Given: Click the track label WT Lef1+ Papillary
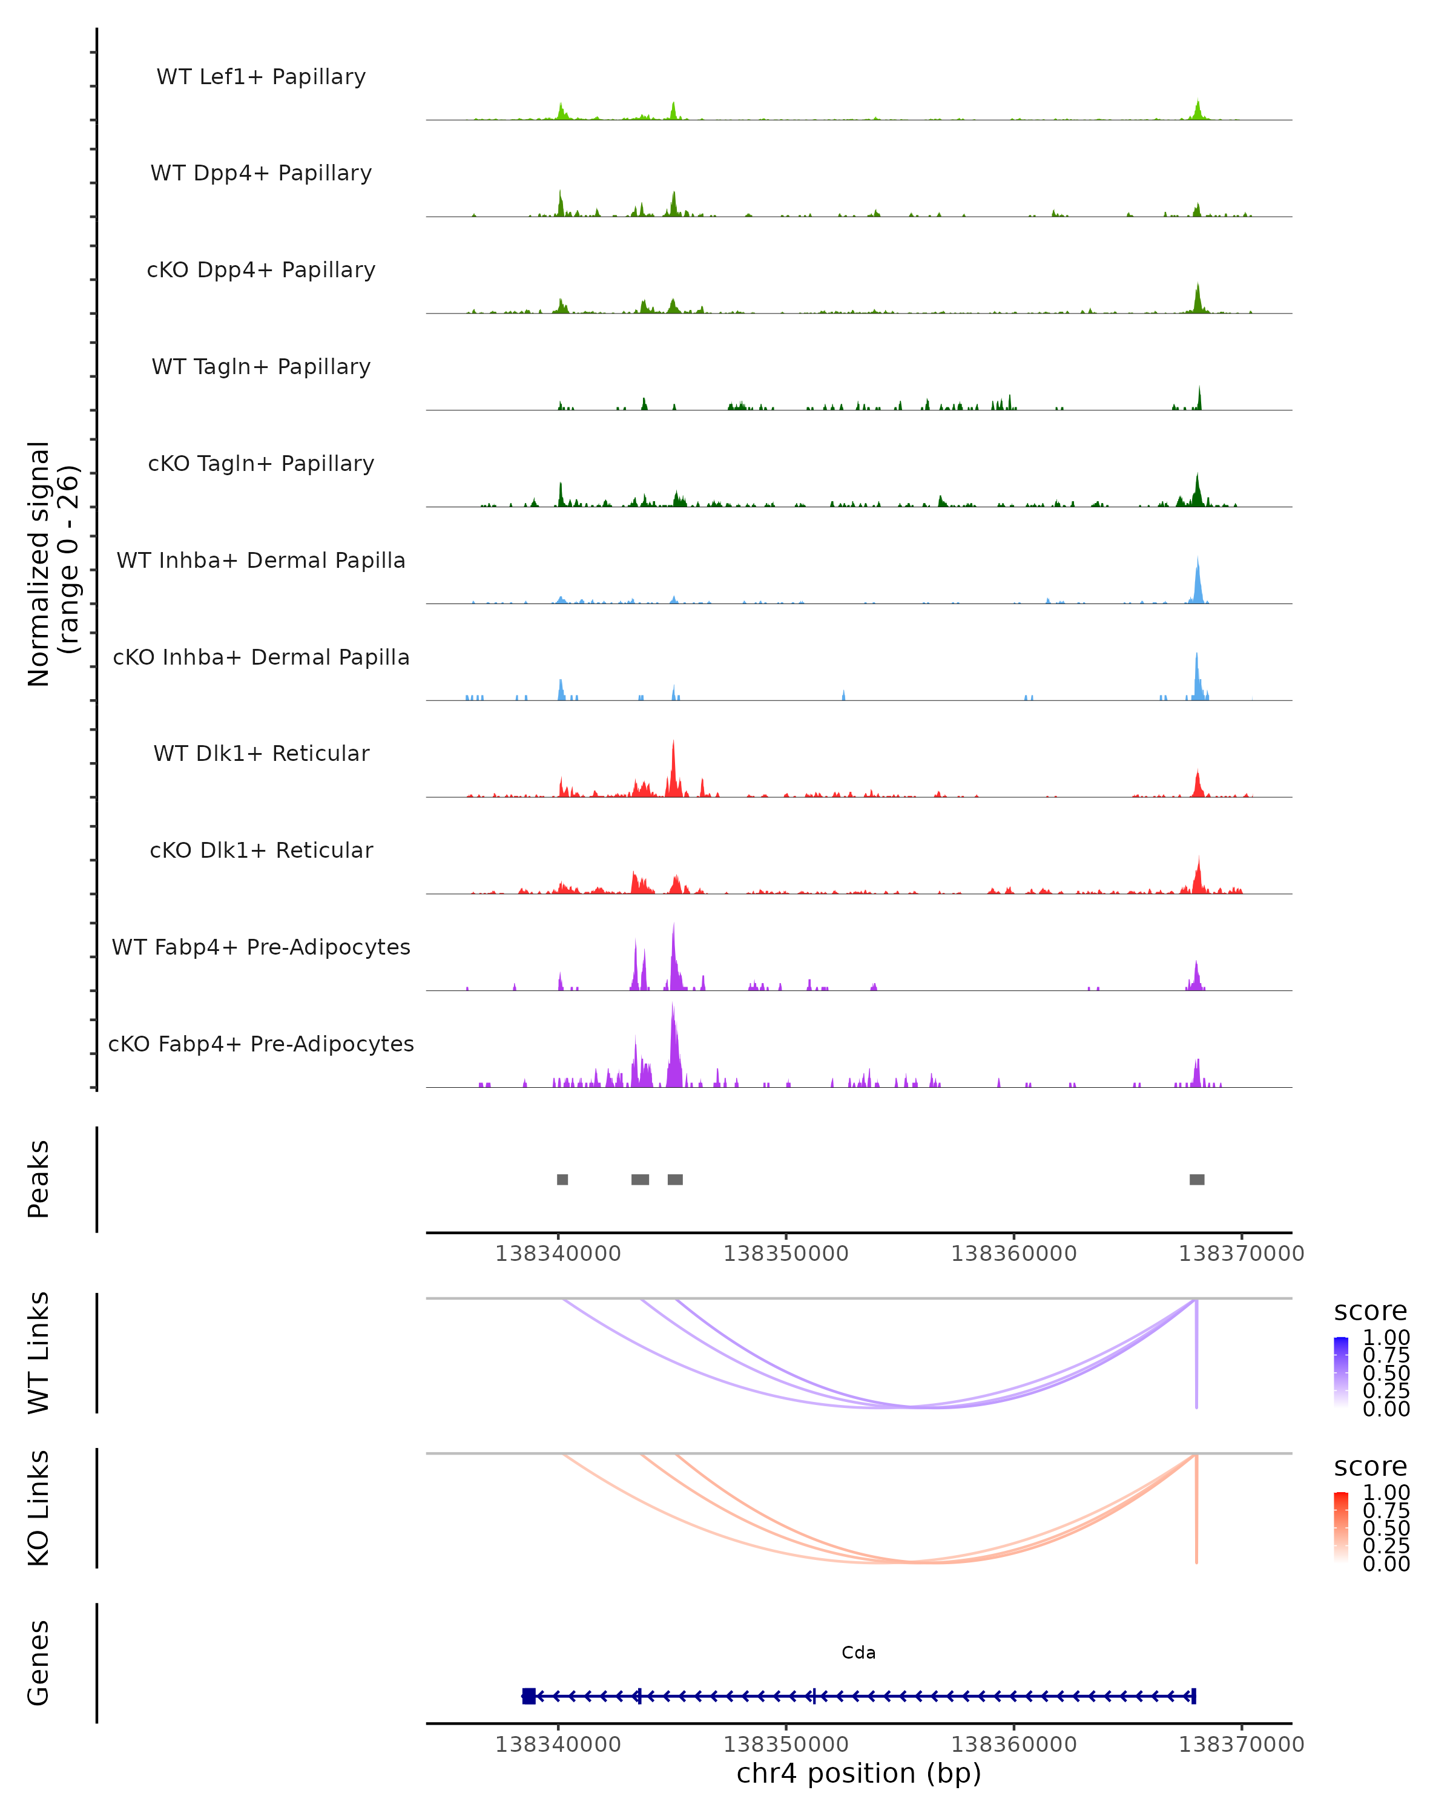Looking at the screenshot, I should [261, 77].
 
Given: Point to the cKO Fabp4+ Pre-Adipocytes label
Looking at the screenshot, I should [261, 1044].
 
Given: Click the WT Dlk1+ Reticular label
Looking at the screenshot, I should [261, 754].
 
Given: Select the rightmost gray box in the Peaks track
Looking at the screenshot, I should [1197, 1179].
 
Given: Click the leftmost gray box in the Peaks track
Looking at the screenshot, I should [562, 1179].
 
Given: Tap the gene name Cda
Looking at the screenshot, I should [858, 1653].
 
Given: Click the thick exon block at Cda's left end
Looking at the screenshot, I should [529, 1696].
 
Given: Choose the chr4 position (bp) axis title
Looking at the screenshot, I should [858, 1774].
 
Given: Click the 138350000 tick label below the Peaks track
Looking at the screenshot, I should [786, 1254].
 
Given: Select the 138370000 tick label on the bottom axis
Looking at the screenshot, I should [1240, 1745].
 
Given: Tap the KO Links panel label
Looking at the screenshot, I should [39, 1508].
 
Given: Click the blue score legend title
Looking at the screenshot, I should [1369, 1312].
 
